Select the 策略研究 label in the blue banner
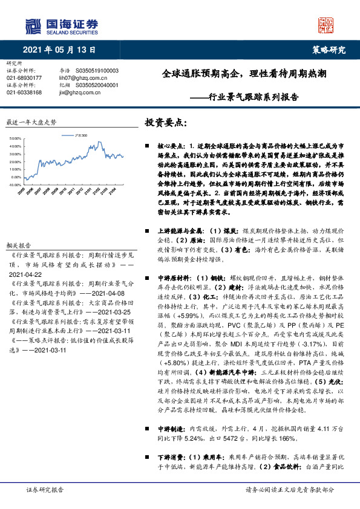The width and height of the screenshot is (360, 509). coord(329,50)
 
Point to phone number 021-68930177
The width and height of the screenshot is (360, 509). coord(24,78)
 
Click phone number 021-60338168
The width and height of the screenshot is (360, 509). coord(24,92)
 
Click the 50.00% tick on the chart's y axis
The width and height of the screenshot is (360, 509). coord(16,138)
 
